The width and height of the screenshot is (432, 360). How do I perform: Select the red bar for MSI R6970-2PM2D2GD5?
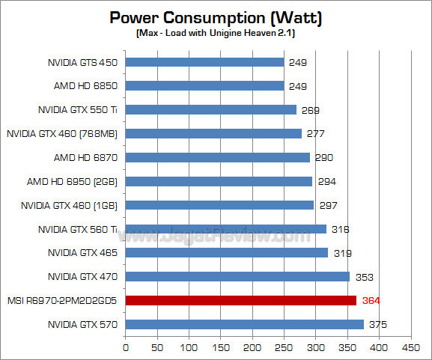[x=240, y=300]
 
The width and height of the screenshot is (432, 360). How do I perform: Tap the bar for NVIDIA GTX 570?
[x=244, y=324]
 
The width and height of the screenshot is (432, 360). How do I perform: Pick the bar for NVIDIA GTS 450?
[x=204, y=62]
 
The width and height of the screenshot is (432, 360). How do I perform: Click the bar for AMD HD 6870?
[x=217, y=157]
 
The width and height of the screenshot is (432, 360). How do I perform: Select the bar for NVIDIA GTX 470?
[x=237, y=276]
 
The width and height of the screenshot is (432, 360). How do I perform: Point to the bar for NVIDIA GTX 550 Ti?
[x=210, y=110]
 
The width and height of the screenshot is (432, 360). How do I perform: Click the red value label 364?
[x=371, y=300]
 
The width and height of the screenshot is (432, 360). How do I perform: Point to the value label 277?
[x=315, y=133]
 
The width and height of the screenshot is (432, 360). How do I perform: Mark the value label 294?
[x=326, y=181]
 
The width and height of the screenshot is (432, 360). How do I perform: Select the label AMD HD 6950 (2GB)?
[x=79, y=181]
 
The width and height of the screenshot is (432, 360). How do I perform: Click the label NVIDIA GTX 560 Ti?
[x=79, y=229]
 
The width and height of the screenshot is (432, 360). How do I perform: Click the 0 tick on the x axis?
[x=126, y=347]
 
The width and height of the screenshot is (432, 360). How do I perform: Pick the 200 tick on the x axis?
[x=252, y=347]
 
